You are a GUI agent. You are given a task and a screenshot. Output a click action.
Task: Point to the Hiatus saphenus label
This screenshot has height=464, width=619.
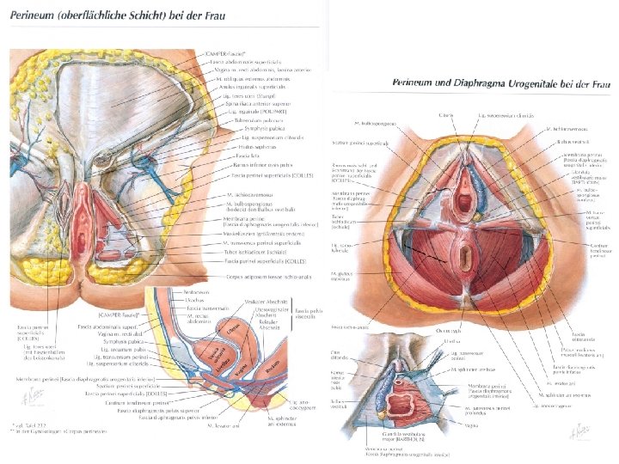click(253, 147)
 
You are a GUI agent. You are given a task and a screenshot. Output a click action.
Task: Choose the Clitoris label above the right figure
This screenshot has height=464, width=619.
click(445, 115)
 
